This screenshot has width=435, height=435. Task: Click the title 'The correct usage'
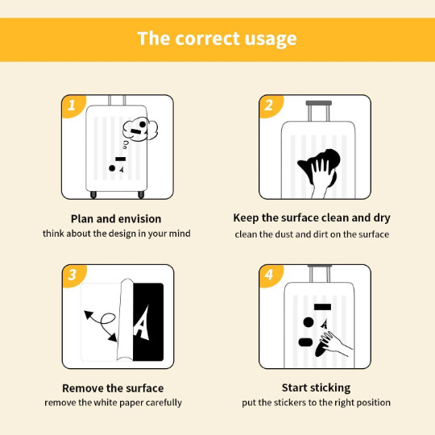click(x=217, y=39)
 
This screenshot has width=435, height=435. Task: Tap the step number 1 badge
click(x=72, y=106)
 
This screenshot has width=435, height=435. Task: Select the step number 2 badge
click(x=269, y=106)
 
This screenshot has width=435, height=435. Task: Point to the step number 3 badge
click(x=72, y=275)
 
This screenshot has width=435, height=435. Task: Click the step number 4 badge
click(x=269, y=275)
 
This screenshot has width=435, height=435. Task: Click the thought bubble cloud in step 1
click(x=140, y=129)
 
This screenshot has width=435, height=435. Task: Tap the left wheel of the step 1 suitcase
click(x=93, y=195)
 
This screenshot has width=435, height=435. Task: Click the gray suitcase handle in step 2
click(x=319, y=103)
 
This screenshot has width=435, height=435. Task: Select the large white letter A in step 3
click(x=142, y=322)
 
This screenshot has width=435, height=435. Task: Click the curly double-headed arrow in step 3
click(x=102, y=325)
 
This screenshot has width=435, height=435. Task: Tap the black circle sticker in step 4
click(x=309, y=322)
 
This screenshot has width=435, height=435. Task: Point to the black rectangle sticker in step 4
click(x=322, y=307)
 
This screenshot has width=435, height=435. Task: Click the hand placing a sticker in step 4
click(x=336, y=344)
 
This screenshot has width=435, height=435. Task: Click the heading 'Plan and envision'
click(x=116, y=219)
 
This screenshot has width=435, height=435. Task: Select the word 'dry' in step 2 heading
click(x=382, y=218)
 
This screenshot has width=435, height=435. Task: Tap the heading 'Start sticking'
click(x=316, y=387)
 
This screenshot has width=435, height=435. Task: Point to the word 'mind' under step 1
click(x=180, y=234)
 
